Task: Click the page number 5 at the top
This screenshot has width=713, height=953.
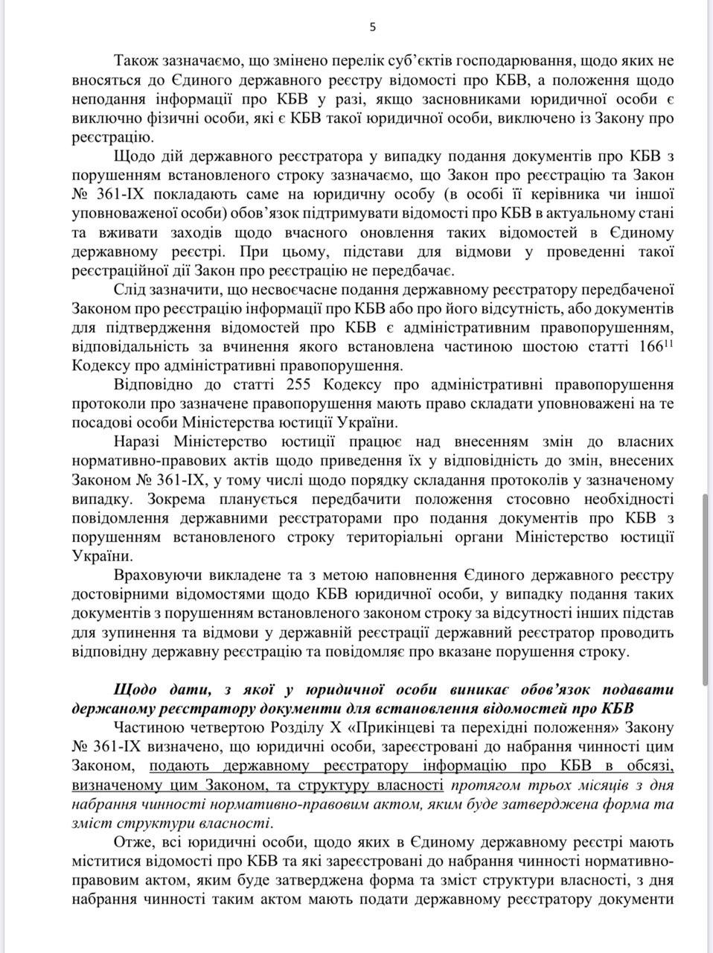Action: (373, 28)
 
